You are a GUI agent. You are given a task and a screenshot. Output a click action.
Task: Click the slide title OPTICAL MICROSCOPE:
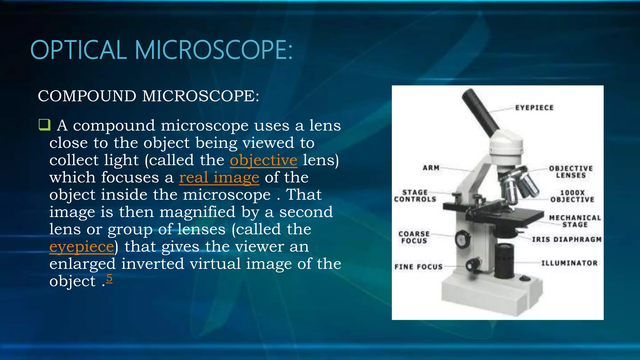coord(161,50)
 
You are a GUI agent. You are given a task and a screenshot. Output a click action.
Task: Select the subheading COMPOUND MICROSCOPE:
coord(148,96)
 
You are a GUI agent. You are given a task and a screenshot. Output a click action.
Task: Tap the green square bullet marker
coord(44,125)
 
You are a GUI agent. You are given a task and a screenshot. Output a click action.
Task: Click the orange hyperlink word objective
coord(263,160)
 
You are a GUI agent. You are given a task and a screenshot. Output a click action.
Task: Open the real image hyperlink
coord(219,177)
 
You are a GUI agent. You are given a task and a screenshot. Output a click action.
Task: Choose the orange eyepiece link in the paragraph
coord(82,247)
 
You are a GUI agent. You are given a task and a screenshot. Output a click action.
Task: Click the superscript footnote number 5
coord(109,277)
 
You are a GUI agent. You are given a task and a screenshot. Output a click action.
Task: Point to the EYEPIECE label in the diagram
coord(534,108)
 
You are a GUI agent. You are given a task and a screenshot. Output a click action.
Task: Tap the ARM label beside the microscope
coord(431,168)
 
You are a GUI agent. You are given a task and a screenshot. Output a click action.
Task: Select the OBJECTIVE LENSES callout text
coord(571,172)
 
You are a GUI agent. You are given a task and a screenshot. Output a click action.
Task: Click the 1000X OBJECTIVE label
coord(572,196)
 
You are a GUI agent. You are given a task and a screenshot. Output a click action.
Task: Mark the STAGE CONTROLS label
coord(415,196)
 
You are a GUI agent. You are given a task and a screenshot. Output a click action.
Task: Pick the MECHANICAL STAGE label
coord(575,221)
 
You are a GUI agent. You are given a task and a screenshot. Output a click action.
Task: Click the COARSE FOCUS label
coord(414,237)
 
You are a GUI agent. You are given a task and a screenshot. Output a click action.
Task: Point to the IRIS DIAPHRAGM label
coord(567,240)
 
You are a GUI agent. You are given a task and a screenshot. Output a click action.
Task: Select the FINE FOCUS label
coord(418,267)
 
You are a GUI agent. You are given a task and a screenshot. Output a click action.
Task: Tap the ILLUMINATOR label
coord(569,263)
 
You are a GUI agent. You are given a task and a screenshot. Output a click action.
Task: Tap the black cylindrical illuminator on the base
coord(504,261)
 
